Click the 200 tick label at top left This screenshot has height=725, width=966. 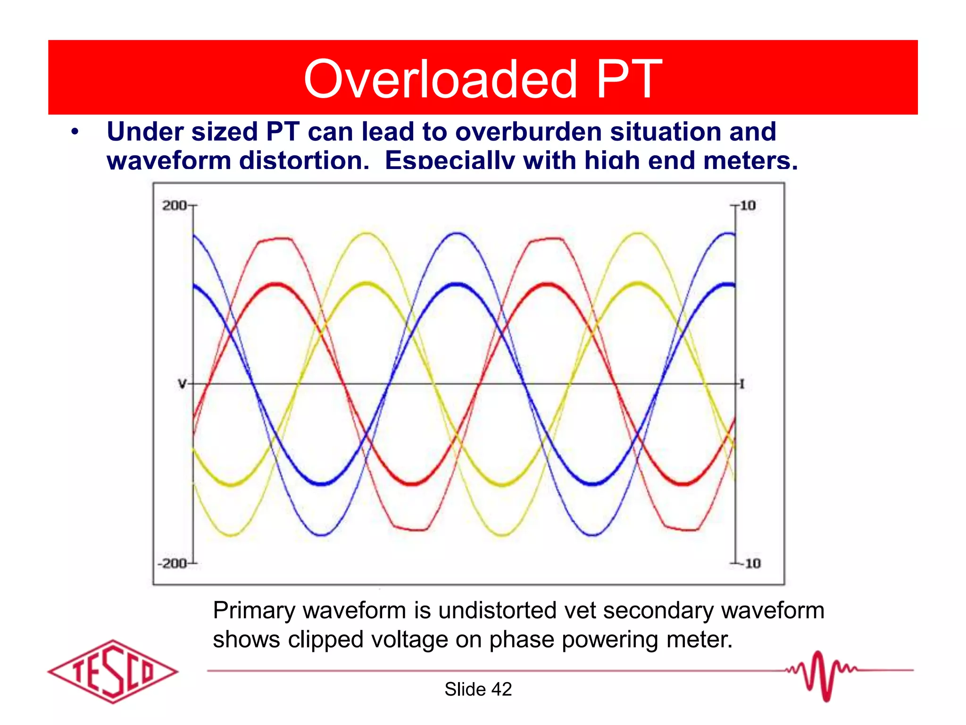(x=174, y=206)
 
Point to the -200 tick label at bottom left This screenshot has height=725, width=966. (x=172, y=564)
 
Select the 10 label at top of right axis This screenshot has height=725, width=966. (x=748, y=206)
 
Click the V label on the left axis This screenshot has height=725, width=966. (x=182, y=384)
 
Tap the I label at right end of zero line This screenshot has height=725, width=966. (x=742, y=384)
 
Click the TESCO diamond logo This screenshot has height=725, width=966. (x=113, y=671)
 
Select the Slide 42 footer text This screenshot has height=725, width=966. (x=478, y=690)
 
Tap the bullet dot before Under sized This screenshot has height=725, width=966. (x=75, y=132)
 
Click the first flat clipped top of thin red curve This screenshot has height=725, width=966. (x=276, y=239)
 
